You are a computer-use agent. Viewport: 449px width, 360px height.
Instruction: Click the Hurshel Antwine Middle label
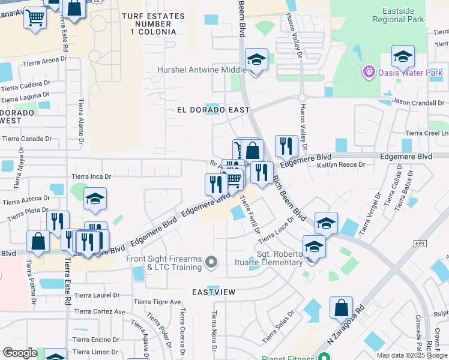click(202, 70)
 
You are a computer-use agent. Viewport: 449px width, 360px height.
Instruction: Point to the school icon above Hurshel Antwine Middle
click(256, 60)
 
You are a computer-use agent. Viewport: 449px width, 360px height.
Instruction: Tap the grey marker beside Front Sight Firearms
click(211, 262)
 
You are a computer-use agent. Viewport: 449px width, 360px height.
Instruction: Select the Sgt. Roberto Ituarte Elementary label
click(280, 258)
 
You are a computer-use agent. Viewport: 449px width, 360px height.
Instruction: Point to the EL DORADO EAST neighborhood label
click(213, 110)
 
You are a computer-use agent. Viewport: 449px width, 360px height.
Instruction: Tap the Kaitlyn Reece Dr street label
click(345, 164)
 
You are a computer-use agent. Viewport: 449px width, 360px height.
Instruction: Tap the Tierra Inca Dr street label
click(91, 176)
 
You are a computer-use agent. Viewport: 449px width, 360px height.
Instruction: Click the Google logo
click(20, 353)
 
